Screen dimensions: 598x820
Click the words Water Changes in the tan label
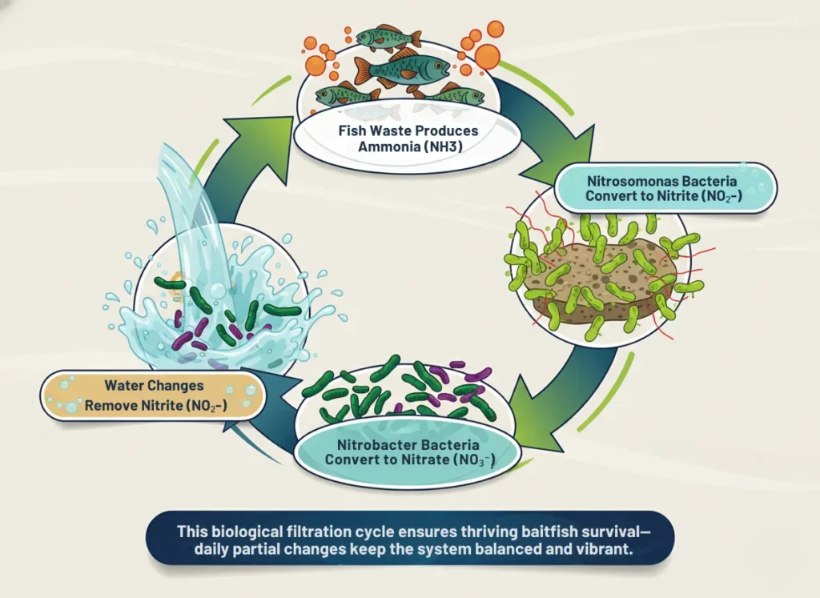tap(152, 386)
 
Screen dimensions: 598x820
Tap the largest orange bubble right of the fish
tap(487, 56)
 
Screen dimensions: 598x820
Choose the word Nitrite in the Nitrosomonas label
tap(695, 197)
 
